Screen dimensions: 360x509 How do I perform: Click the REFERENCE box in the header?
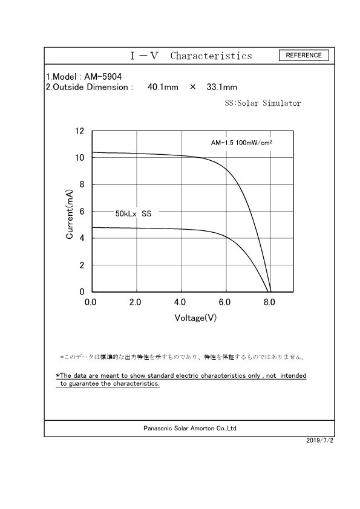pyautogui.click(x=304, y=56)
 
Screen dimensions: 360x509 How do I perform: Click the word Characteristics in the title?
pyautogui.click(x=211, y=56)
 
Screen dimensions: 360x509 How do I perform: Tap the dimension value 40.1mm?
pyautogui.click(x=163, y=87)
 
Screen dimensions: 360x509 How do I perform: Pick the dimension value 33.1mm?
pyautogui.click(x=221, y=87)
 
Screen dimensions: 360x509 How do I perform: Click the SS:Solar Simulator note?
pyautogui.click(x=263, y=103)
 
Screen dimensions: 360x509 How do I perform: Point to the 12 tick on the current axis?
pyautogui.click(x=79, y=131)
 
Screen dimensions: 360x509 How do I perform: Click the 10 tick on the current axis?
pyautogui.click(x=79, y=158)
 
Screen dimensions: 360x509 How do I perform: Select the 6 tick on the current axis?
pyautogui.click(x=82, y=212)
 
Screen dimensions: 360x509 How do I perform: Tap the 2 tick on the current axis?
pyautogui.click(x=82, y=265)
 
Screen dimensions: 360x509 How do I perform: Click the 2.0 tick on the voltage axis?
pyautogui.click(x=136, y=301)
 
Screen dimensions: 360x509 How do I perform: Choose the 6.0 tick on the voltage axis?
pyautogui.click(x=225, y=301)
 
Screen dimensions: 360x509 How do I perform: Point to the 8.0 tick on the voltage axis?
pyautogui.click(x=270, y=301)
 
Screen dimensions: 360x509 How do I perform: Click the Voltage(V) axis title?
pyautogui.click(x=195, y=317)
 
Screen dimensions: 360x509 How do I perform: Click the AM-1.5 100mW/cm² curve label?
pyautogui.click(x=241, y=143)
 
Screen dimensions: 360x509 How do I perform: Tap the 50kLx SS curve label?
pyautogui.click(x=133, y=214)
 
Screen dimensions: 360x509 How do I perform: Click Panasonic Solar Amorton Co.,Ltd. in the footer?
pyautogui.click(x=191, y=428)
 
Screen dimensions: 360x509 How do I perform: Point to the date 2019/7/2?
pyautogui.click(x=321, y=441)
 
